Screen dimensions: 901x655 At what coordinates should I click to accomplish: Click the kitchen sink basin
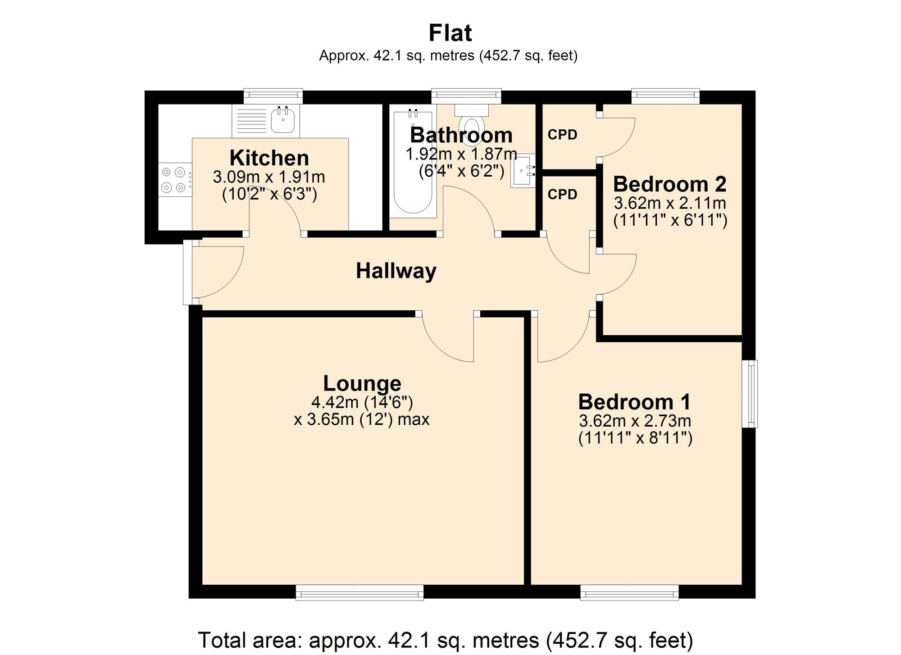283,121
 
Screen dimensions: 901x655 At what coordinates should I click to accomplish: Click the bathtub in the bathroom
414,161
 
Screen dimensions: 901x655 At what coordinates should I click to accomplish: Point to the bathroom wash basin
523,170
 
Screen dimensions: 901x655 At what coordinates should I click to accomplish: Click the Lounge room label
362,383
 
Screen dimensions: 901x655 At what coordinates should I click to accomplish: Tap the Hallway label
396,271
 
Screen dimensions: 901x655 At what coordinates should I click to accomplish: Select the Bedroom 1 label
634,402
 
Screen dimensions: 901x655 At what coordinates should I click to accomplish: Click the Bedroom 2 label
670,184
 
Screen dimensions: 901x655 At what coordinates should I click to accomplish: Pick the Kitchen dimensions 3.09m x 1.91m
269,177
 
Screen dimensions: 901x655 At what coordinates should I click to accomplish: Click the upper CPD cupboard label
562,135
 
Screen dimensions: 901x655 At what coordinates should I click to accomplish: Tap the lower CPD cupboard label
562,194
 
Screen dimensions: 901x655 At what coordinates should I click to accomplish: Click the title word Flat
450,33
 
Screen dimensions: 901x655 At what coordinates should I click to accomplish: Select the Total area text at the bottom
445,640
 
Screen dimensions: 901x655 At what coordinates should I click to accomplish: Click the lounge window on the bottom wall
359,592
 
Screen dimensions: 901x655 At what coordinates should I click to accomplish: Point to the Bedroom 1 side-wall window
750,394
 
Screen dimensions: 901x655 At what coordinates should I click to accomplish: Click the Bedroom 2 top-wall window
665,96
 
